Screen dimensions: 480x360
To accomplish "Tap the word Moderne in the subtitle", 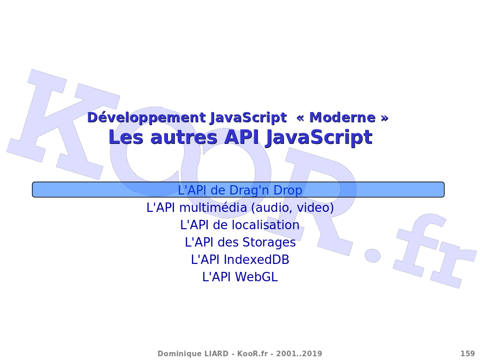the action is [342, 118].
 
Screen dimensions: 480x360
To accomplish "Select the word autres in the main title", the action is [184, 137].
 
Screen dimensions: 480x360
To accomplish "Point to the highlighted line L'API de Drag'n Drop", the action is [240, 190].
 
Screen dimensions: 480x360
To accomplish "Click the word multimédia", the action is [213, 208].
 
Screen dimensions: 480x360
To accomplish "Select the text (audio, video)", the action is [292, 208].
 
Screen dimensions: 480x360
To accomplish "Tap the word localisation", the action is [265, 225].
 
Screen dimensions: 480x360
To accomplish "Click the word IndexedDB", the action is [256, 260].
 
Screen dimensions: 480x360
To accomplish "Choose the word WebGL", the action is [256, 277].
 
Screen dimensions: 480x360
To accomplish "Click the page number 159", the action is [468, 354].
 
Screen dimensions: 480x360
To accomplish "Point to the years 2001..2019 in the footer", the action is [299, 354].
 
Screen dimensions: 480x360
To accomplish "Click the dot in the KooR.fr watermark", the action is [373, 255].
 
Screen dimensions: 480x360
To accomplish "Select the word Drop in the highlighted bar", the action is [288, 190].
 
